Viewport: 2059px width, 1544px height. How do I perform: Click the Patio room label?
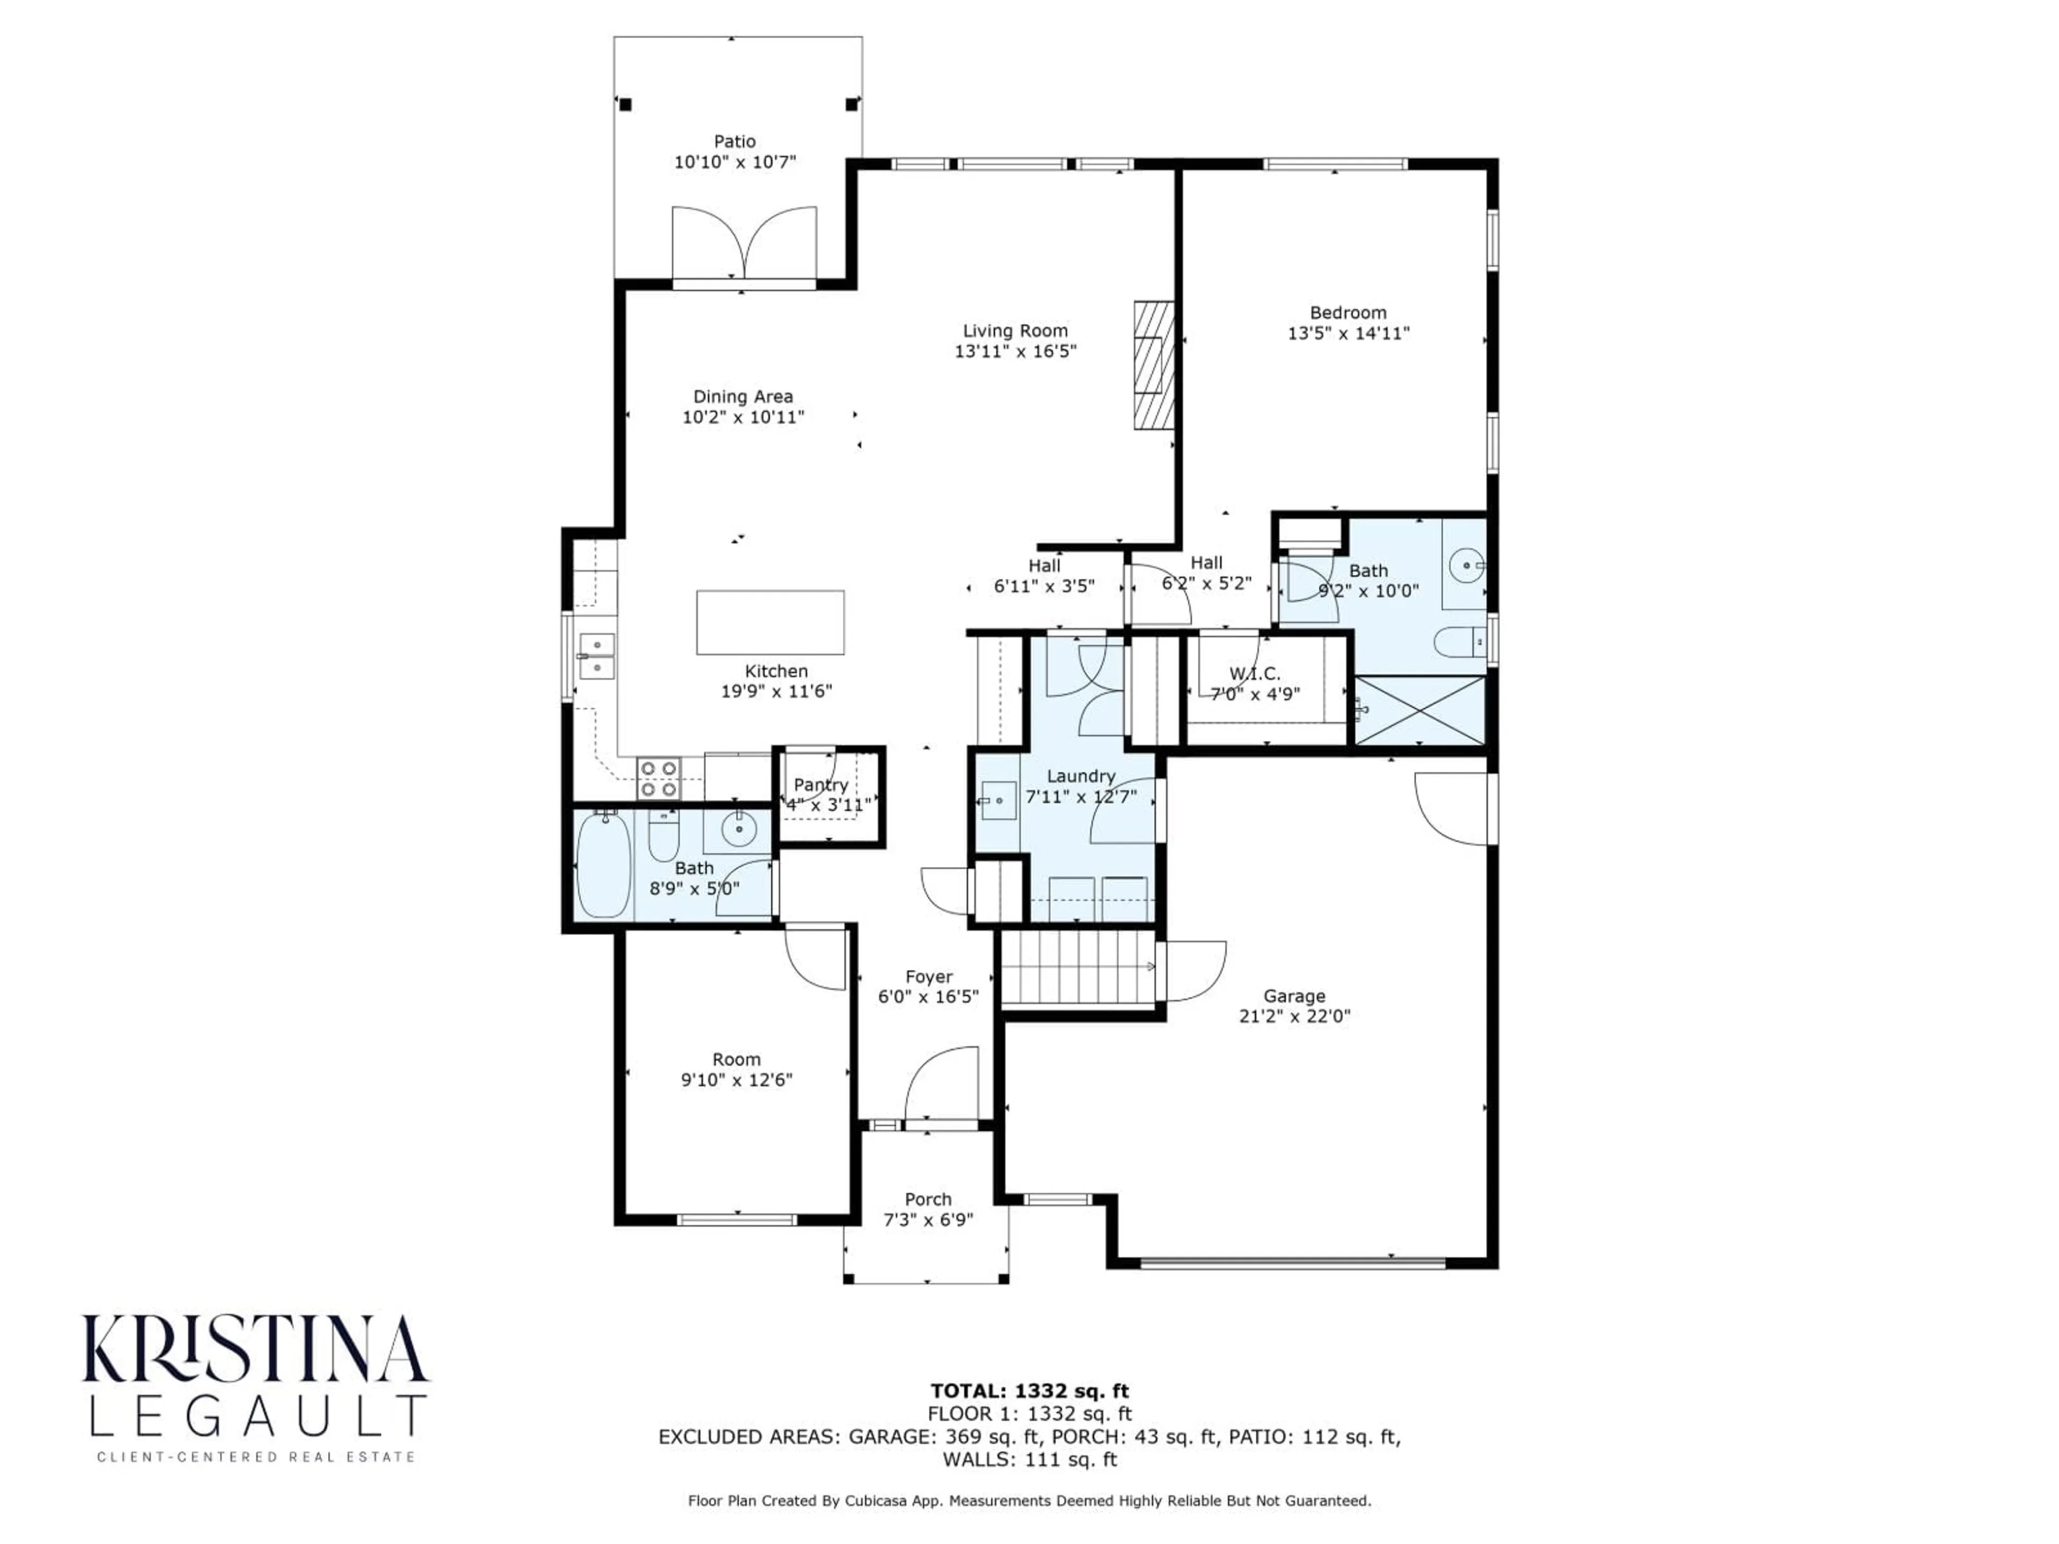tap(735, 142)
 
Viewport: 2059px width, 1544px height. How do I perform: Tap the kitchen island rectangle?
tap(770, 622)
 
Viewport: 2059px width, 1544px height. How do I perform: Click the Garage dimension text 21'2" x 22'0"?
tap(1294, 1015)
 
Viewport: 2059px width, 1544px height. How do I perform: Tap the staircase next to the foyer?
tap(1078, 968)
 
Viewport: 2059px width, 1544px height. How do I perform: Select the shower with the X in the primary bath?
tap(1419, 710)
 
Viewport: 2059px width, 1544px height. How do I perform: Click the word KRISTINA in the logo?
tap(255, 1349)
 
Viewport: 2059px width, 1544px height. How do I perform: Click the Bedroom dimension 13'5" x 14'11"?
tap(1348, 333)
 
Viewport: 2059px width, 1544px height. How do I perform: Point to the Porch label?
tap(928, 1199)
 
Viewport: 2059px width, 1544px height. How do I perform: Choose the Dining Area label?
tap(743, 397)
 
